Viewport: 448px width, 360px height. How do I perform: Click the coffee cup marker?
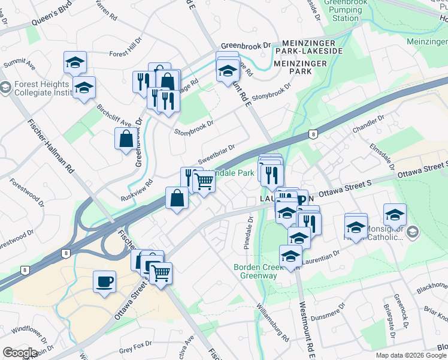105,282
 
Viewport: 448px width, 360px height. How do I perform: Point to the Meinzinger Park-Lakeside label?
308,51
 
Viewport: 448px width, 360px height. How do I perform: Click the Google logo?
20,353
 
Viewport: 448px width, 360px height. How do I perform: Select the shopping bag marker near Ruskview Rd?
177,198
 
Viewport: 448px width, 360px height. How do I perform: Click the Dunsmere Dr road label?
328,312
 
